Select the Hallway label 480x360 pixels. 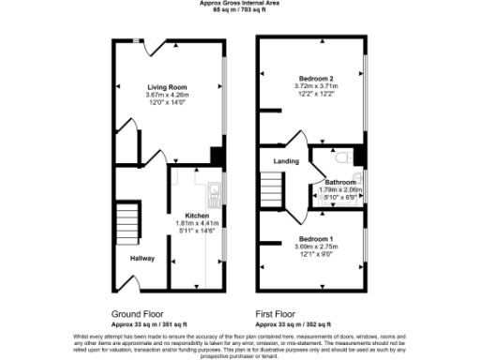click(x=142, y=258)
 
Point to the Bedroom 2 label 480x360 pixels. click(x=316, y=78)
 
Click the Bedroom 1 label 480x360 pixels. click(x=316, y=238)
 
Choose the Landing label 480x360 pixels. click(x=286, y=162)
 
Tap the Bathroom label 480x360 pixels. click(x=340, y=182)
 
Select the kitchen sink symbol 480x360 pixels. click(x=215, y=195)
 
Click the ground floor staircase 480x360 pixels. click(x=126, y=223)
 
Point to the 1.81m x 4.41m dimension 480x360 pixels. click(x=197, y=223)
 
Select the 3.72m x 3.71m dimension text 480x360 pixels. click(x=316, y=86)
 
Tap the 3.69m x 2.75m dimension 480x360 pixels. click(x=316, y=247)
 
